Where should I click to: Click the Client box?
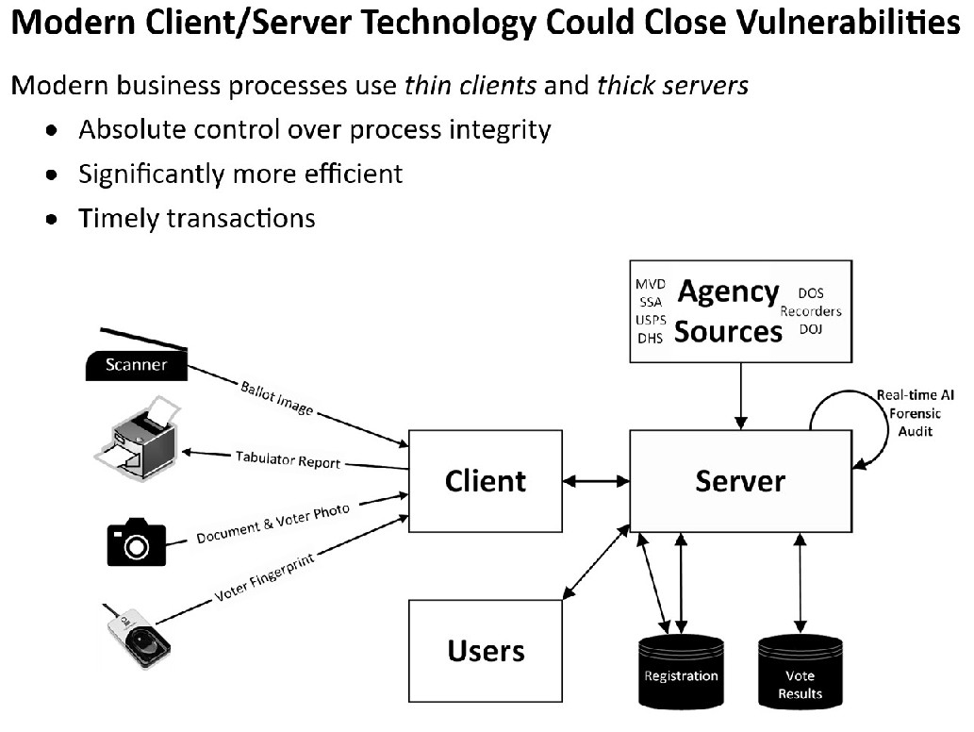(485, 481)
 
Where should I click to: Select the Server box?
(740, 481)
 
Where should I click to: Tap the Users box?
(485, 651)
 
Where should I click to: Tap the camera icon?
(137, 542)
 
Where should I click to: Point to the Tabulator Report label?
(288, 461)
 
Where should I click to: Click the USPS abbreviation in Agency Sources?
(651, 320)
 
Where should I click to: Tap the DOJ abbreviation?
(811, 328)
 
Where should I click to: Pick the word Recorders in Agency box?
(811, 311)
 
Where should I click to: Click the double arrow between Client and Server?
(596, 481)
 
